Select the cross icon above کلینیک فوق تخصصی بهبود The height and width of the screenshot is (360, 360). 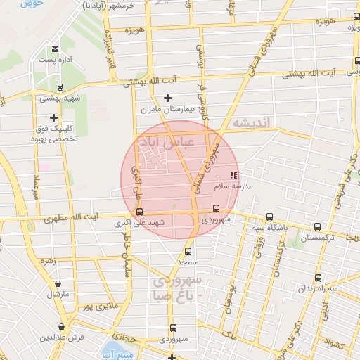pyautogui.click(x=53, y=117)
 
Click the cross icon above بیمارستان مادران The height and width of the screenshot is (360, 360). pyautogui.click(x=167, y=98)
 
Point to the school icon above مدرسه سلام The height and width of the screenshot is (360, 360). pyautogui.click(x=233, y=175)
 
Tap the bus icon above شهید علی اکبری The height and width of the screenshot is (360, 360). pyautogui.click(x=139, y=212)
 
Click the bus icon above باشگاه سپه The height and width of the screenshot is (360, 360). pyautogui.click(x=270, y=217)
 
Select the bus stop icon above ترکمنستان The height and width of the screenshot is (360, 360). pyautogui.click(x=318, y=227)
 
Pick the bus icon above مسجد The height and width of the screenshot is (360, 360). pyautogui.click(x=188, y=250)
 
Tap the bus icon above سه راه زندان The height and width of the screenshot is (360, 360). pyautogui.click(x=319, y=278)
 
